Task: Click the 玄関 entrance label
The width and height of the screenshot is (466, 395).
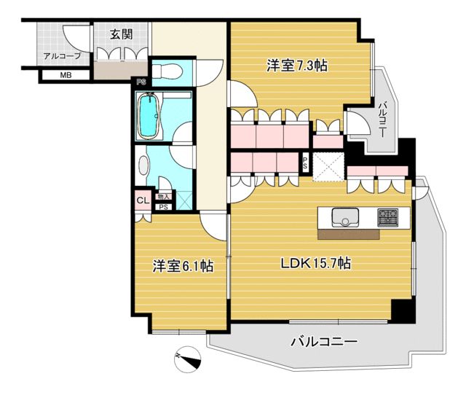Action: click(122, 35)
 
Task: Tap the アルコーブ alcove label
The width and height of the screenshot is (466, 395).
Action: click(63, 56)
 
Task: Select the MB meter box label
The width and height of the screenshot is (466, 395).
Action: click(66, 75)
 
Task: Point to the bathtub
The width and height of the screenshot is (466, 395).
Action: click(149, 116)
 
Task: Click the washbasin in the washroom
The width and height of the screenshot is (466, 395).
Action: click(143, 165)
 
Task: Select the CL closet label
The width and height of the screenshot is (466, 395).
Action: click(143, 200)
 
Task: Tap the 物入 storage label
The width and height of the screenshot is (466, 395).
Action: click(163, 197)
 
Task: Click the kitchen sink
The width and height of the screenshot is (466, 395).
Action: click(345, 217)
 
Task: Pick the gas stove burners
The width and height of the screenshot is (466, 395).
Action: click(388, 217)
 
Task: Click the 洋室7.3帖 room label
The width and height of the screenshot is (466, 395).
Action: click(297, 66)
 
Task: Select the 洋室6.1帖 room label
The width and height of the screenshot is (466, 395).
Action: click(183, 265)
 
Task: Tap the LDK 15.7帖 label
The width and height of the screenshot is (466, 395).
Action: click(316, 263)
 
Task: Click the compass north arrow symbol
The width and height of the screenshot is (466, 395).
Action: click(188, 359)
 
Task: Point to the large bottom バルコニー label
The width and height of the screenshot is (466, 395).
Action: click(323, 342)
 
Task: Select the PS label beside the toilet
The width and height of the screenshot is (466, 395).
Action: click(141, 82)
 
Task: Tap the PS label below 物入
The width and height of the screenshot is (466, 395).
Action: click(163, 207)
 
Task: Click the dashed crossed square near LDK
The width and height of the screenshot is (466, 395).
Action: click(328, 167)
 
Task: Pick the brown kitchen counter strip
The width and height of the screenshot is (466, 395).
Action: click(349, 235)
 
